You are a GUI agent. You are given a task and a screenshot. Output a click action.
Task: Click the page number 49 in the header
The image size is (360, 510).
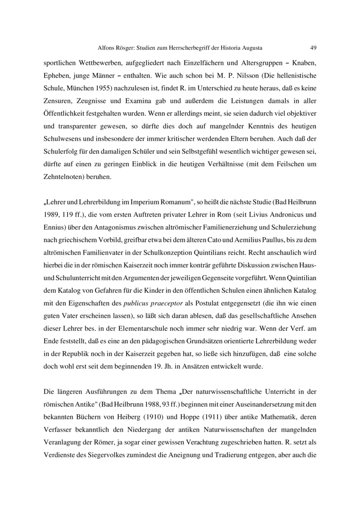pyautogui.click(x=314, y=47)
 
